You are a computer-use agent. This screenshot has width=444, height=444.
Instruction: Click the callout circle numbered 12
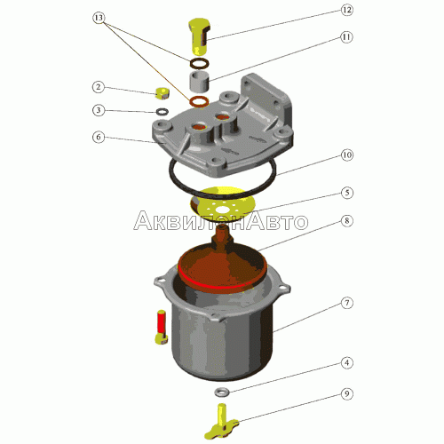(346, 10)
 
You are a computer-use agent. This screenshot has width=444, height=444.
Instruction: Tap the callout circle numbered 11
(346, 37)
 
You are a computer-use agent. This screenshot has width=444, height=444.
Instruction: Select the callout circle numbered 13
(99, 18)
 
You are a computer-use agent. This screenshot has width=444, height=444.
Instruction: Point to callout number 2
(99, 87)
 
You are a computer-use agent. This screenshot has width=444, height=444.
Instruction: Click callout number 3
(99, 110)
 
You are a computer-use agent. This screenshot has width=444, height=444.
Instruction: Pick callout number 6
(99, 137)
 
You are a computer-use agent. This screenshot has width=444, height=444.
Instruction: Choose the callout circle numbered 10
(347, 155)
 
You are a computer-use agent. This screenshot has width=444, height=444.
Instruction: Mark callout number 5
(347, 193)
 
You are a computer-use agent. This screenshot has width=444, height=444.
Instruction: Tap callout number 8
(347, 221)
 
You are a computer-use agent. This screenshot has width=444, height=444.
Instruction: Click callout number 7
(347, 303)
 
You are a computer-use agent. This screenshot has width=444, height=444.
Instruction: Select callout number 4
(347, 363)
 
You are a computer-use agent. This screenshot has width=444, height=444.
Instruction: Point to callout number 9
(347, 394)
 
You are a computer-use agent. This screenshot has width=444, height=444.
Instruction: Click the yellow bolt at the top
(199, 36)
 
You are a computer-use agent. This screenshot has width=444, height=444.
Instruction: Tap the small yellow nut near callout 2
(163, 93)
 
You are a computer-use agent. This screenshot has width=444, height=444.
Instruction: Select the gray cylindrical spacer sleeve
(199, 81)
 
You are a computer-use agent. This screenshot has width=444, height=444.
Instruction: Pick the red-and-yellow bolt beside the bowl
(162, 327)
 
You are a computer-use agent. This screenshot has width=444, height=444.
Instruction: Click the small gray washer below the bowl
(222, 392)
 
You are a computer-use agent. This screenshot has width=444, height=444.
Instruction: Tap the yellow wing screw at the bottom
(221, 422)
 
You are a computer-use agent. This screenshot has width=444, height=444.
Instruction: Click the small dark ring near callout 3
(163, 112)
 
